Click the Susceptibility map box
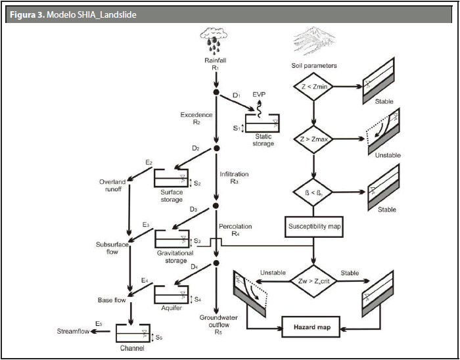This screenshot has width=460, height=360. click(x=315, y=227)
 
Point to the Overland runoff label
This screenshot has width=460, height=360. click(x=112, y=186)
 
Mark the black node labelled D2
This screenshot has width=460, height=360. click(x=216, y=149)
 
